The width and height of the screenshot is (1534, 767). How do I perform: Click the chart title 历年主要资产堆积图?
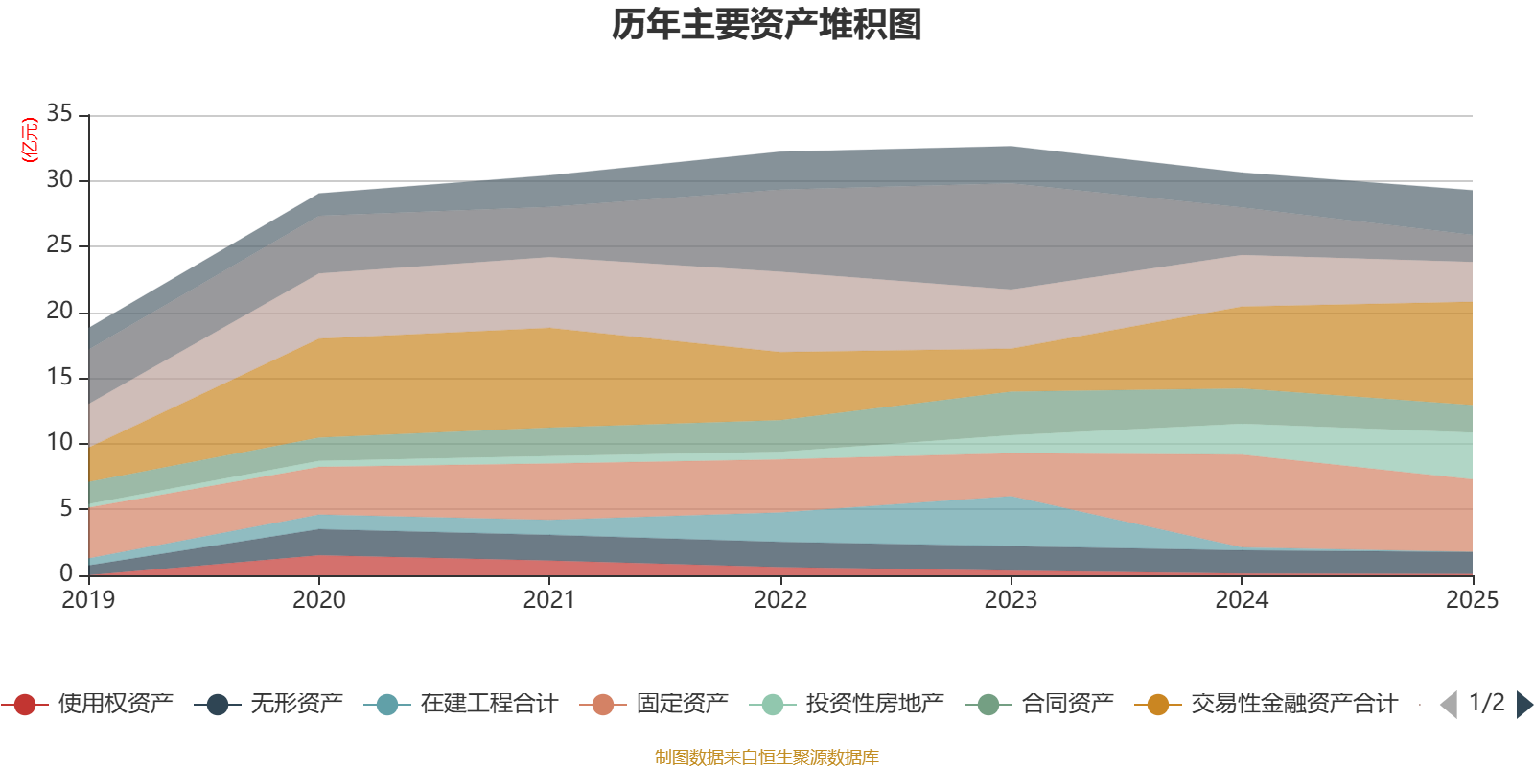[767, 25]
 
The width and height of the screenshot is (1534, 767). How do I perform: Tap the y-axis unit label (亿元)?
[30, 140]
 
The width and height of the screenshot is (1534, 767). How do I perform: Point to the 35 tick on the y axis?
[59, 114]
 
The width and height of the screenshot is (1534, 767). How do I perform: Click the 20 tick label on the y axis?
[59, 312]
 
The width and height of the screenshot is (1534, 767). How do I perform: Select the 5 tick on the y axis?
[65, 508]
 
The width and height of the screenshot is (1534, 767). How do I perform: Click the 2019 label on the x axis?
[88, 600]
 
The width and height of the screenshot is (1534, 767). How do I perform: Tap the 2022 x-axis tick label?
[780, 600]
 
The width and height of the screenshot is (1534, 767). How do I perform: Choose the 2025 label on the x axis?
[1472, 600]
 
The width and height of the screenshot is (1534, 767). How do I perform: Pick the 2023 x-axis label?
[1011, 600]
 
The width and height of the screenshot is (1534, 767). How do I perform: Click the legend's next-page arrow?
[1524, 705]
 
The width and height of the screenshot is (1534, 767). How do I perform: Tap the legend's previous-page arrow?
[1449, 705]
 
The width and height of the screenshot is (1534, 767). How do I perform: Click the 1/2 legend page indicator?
[1486, 703]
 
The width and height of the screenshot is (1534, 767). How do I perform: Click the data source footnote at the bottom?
[767, 757]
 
